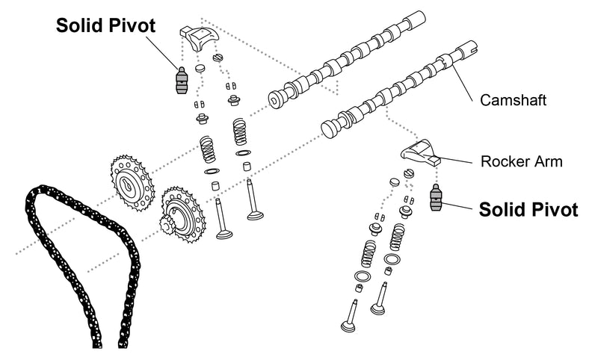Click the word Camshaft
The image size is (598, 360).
click(514, 98)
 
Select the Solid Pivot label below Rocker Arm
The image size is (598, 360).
click(528, 209)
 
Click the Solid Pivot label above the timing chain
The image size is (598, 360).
click(106, 25)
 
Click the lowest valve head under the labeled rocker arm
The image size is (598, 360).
click(347, 327)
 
